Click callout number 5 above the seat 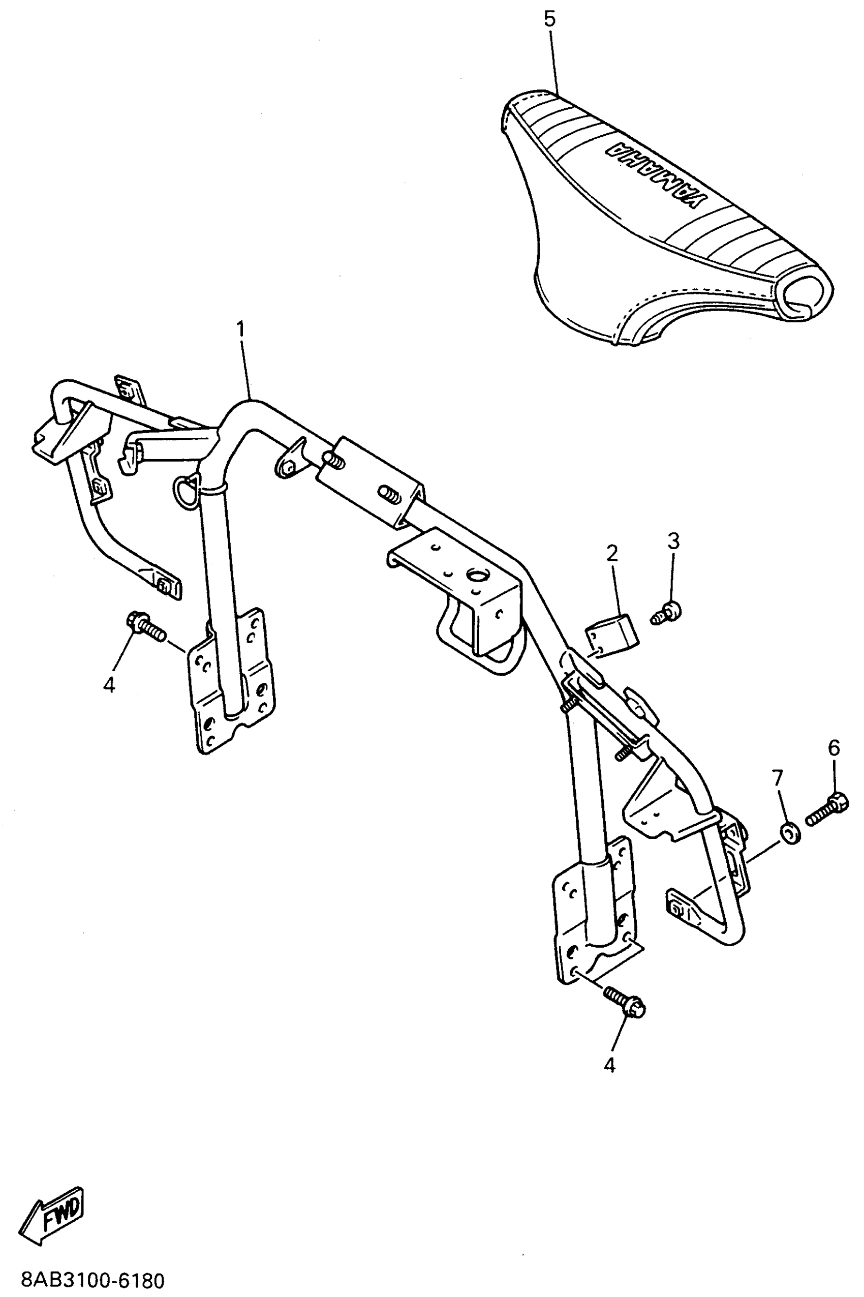coord(549,20)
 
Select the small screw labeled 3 coord(666,612)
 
